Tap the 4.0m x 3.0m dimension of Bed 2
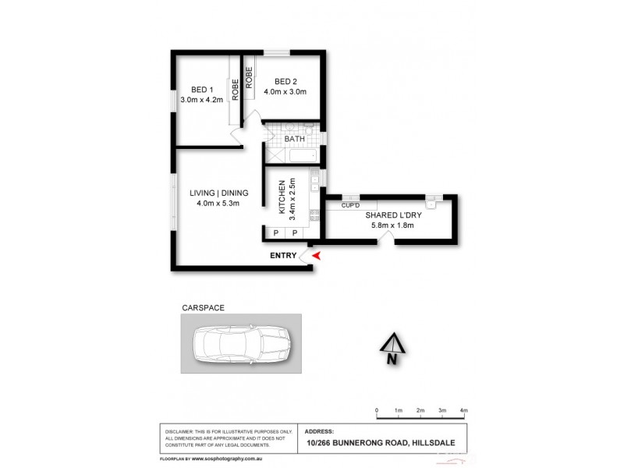click(285, 92)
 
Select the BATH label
click(294, 140)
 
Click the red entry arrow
click(315, 255)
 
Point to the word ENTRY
click(283, 256)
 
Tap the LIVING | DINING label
click(218, 193)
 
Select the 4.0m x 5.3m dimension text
click(218, 204)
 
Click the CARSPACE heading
click(203, 307)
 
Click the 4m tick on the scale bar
click(463, 410)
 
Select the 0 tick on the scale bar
click(376, 410)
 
